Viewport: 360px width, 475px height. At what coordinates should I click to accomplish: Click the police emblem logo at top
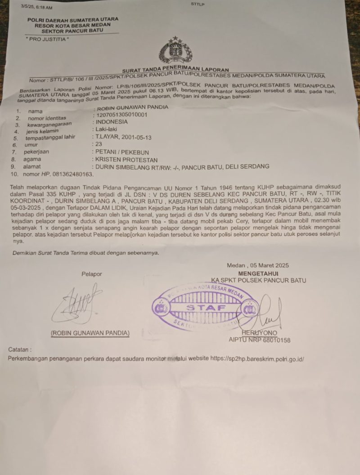[175, 50]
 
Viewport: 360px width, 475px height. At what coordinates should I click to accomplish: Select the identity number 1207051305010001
[121, 115]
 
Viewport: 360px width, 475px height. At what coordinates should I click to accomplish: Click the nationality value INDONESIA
[111, 122]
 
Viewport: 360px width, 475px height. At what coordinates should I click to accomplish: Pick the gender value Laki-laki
[106, 130]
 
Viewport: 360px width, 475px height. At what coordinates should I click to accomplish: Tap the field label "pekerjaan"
[36, 152]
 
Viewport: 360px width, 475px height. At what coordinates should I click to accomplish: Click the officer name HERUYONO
[260, 333]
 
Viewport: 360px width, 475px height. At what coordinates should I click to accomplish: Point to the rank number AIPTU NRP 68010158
[260, 340]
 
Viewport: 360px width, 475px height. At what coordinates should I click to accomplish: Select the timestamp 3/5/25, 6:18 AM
[36, 8]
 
